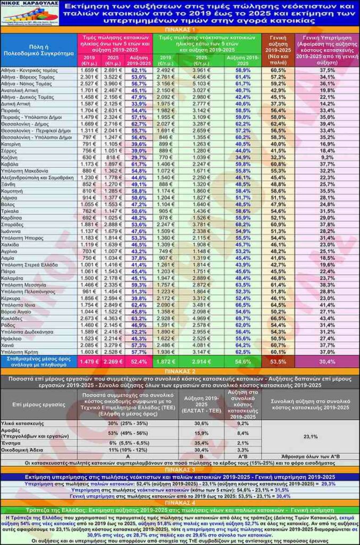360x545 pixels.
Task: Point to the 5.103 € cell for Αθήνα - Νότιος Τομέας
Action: pos(203,84)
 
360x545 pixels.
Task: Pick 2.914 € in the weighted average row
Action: pos(203,361)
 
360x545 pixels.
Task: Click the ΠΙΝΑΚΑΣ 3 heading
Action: pos(180,470)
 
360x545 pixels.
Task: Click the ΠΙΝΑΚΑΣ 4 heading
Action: pos(180,502)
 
